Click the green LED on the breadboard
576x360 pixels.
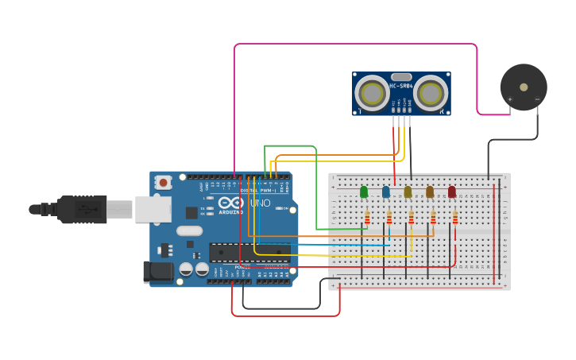(364, 192)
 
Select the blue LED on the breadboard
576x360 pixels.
(386, 192)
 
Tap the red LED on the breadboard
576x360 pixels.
(452, 192)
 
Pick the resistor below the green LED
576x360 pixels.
(367, 217)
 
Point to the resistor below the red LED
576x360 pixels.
(455, 217)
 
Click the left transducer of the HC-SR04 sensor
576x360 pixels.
(371, 94)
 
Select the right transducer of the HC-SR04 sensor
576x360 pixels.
(430, 94)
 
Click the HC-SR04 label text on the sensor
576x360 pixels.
(400, 86)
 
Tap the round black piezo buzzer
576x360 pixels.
(523, 87)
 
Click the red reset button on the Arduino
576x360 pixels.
(163, 182)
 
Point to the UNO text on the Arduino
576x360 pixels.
(261, 203)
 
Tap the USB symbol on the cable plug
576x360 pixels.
(83, 210)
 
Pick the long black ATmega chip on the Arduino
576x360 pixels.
(249, 253)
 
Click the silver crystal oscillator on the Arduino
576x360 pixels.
(189, 231)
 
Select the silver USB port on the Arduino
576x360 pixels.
(153, 209)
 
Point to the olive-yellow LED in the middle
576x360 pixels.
(408, 192)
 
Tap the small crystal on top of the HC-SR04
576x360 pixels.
(400, 76)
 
